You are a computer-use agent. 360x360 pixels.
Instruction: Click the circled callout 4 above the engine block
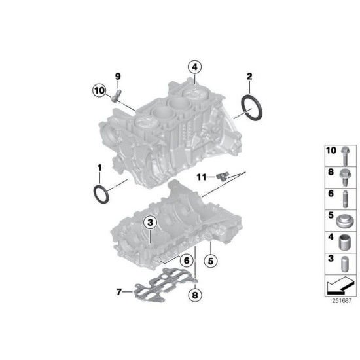point(195,66)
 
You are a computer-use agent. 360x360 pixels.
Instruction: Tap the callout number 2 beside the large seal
point(249,77)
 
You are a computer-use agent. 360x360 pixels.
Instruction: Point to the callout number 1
point(99,168)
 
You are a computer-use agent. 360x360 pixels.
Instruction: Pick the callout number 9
point(118,77)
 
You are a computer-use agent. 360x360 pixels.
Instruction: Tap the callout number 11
point(202,177)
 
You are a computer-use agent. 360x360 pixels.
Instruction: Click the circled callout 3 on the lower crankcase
point(150,223)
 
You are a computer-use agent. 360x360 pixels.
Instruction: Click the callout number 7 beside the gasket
point(118,292)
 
